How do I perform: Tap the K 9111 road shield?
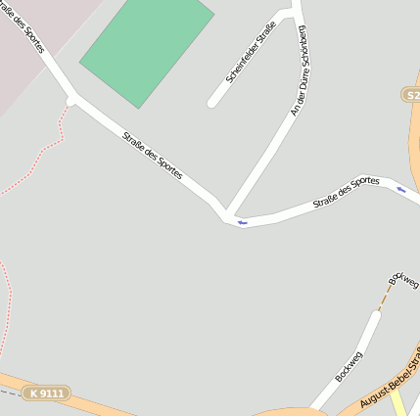46,393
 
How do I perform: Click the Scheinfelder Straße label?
251,58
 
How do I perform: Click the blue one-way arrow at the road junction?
241,223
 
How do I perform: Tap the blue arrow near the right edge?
401,189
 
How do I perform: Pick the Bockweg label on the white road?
349,365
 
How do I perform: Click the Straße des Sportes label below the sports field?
152,156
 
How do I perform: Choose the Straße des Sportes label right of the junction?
346,192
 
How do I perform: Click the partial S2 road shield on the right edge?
411,94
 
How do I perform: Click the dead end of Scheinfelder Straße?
212,103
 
